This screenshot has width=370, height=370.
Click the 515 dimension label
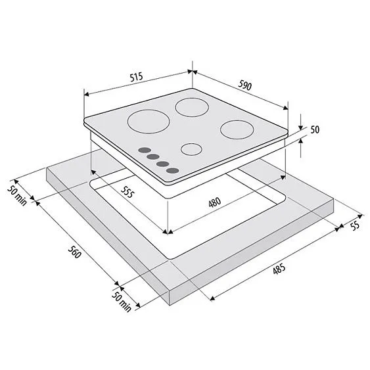coord(137,78)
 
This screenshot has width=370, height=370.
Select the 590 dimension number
coord(245,85)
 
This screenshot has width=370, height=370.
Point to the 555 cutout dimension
coord(127,192)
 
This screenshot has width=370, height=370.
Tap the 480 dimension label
coord(215,202)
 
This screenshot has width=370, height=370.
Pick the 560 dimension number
coord(74,252)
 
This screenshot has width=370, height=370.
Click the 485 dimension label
coord(279,269)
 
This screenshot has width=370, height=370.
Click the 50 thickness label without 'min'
coord(315,129)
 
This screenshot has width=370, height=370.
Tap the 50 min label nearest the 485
coord(122,302)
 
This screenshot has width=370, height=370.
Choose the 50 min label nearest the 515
coord(17,196)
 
